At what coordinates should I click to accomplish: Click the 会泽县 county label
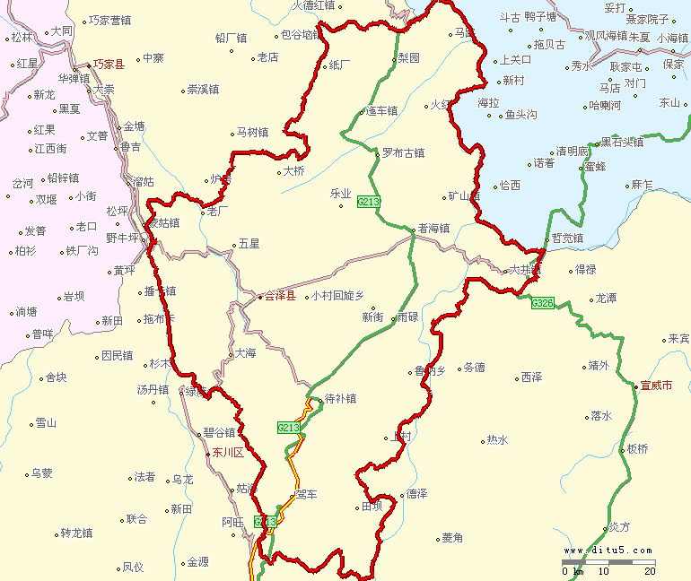tap(279, 296)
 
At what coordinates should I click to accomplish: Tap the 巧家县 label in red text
tap(109, 65)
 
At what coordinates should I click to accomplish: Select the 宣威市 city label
tap(656, 386)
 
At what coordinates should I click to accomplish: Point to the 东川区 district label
tap(228, 453)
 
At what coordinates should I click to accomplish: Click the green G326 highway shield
tap(542, 303)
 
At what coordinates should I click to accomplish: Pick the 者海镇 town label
tap(433, 229)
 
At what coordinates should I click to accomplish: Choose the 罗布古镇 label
tap(402, 152)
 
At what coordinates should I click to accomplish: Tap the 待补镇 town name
tap(340, 399)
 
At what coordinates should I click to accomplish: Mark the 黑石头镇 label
tap(622, 142)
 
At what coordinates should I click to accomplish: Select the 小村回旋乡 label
tap(337, 296)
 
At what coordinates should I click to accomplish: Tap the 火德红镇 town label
tap(313, 5)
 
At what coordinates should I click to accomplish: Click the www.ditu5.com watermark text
tap(609, 551)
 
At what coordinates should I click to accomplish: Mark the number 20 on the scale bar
tap(650, 571)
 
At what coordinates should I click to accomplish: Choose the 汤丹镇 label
tap(153, 390)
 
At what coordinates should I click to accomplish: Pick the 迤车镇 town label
tap(382, 111)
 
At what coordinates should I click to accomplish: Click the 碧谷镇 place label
tap(219, 432)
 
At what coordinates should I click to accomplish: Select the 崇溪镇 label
tap(203, 90)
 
